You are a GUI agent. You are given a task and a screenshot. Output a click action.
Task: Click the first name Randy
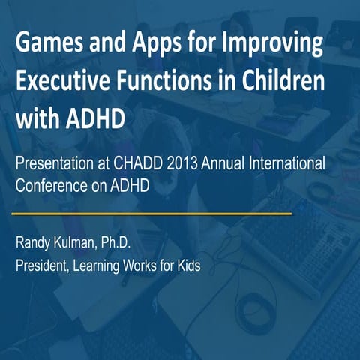(34, 242)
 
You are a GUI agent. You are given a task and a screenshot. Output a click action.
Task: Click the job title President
(43, 266)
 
